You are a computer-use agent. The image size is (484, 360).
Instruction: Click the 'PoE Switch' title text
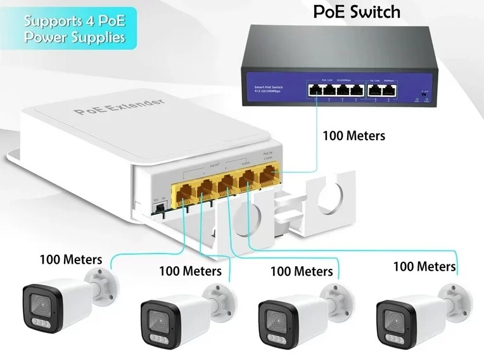(357, 12)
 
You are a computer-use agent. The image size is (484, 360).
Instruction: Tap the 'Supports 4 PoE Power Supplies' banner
(74, 29)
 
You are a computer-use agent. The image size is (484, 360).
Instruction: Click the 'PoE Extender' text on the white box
(118, 106)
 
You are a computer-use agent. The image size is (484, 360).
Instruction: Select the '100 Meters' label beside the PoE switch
(353, 135)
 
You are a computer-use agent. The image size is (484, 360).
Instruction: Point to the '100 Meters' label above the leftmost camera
(70, 259)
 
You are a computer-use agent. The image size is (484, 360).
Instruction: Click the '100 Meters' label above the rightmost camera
(424, 266)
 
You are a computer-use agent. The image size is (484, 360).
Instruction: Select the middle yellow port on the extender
(226, 183)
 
